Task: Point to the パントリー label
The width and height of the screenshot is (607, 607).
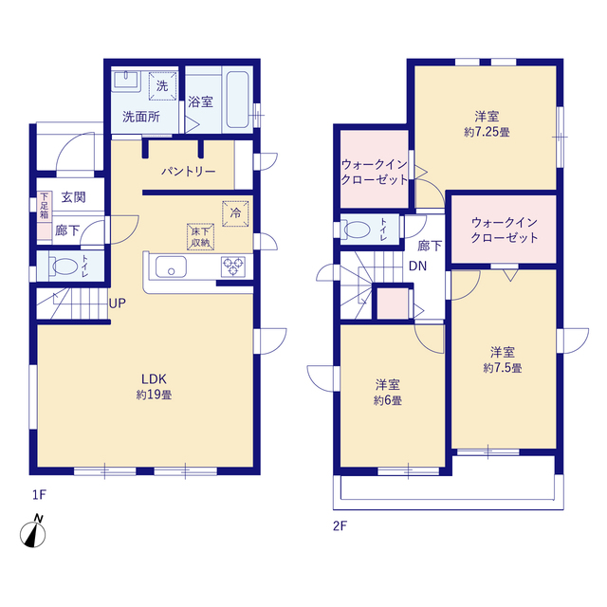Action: [x=188, y=172]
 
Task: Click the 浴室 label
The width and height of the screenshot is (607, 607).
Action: [x=199, y=101]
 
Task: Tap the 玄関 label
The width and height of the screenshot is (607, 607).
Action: [x=73, y=197]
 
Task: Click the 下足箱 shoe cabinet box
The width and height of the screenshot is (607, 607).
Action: [x=44, y=207]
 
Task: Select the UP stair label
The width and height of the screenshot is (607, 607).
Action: [x=118, y=303]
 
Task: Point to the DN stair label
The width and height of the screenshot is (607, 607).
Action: [x=417, y=266]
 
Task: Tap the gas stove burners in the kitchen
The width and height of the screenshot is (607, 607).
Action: [x=232, y=267]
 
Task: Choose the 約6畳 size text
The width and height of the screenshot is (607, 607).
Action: [x=387, y=401]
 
